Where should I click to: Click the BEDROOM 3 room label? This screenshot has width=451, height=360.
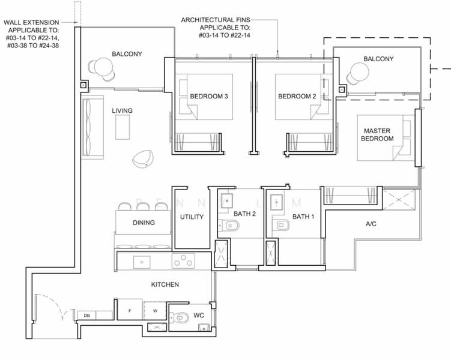tap(209, 96)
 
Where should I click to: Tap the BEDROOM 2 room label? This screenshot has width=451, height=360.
tap(297, 96)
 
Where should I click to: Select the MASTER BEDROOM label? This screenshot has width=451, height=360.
tap(377, 134)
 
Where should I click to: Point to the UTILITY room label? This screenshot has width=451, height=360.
tap(192, 217)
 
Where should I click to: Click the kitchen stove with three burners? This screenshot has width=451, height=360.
tap(183, 261)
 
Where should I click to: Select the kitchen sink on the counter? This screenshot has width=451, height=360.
tap(142, 262)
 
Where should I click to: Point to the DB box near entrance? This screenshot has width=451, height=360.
tap(87, 316)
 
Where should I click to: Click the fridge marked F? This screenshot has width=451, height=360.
tap(130, 310)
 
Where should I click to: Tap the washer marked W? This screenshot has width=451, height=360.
tap(155, 311)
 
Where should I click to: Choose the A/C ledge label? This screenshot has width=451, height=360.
tap(371, 224)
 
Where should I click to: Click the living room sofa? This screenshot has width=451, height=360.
tap(92, 127)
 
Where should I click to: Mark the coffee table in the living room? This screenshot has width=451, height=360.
tap(123, 127)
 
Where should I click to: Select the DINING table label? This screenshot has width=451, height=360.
tap(144, 223)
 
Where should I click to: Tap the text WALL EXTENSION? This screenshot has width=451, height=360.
tap(31, 22)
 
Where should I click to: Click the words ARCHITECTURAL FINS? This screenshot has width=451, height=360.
tap(216, 20)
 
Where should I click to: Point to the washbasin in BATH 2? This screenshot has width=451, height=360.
tap(227, 201)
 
